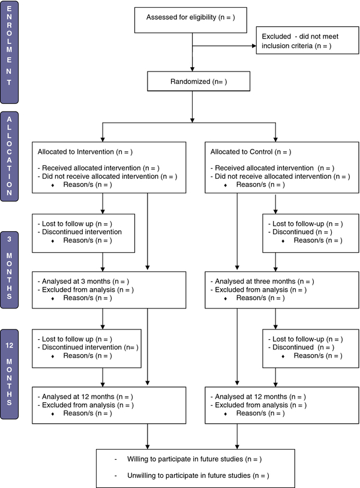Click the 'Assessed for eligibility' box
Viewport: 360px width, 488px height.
coord(190,20)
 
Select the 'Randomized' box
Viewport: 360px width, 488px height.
coord(199,81)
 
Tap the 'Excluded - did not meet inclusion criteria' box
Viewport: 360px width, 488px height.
coord(307,40)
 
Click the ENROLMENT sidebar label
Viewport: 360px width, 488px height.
coord(10,52)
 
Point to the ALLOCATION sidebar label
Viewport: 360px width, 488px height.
coord(10,157)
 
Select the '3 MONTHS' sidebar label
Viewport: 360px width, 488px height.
coord(10,270)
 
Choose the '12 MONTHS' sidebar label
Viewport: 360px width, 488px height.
coord(10,374)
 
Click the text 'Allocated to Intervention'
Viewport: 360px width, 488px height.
coord(76,152)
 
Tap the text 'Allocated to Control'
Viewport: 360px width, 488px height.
coord(241,152)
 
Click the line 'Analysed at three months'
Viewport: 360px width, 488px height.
coord(262,282)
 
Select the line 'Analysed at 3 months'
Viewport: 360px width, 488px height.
coord(83,282)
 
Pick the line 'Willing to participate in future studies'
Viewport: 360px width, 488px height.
coord(194,459)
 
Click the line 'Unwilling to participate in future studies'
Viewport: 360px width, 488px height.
coord(198,475)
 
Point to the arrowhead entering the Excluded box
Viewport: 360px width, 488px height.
coord(254,46)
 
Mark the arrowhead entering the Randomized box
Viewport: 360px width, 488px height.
coord(192,70)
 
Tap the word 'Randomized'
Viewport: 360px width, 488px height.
coord(190,82)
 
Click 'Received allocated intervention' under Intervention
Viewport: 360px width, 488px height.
coord(91,168)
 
